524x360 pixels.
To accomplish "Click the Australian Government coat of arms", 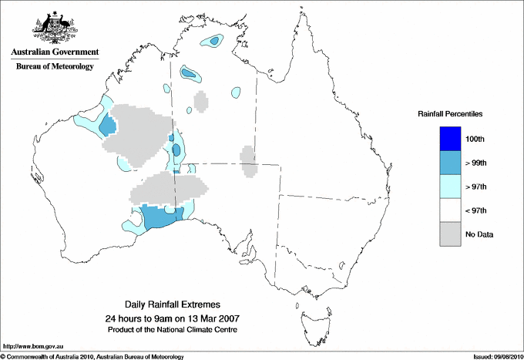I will pos(54,28).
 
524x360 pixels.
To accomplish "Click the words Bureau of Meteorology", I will pos(54,67).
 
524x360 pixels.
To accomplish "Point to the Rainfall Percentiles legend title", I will pos(450,113).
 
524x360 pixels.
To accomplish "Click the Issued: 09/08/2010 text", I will pos(495,356).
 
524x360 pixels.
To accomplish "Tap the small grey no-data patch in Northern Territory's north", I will pos(201,102).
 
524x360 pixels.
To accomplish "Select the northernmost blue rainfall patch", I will pos(210,42).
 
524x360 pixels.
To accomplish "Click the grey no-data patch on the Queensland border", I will pos(248,161).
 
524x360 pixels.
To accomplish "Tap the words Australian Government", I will pos(54,52).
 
